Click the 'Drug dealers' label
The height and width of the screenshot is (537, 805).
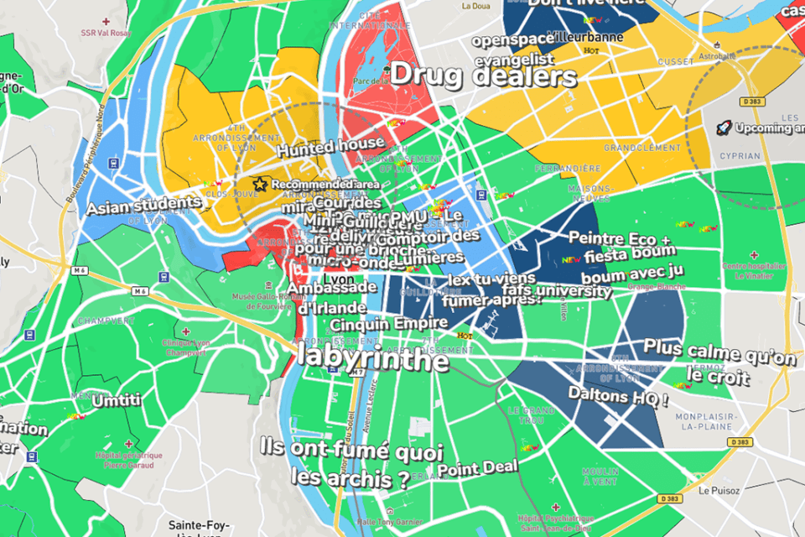pos(484,76)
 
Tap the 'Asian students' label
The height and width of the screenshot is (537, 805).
pos(144,204)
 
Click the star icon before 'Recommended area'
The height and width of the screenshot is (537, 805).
pos(261,184)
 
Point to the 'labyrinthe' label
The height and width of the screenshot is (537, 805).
pos(373,360)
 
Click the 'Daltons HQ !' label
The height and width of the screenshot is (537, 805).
pos(618,394)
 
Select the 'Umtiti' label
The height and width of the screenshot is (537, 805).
pos(117,401)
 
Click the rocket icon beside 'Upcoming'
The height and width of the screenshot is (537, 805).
pos(723,128)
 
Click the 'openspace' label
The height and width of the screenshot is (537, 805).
pos(507,40)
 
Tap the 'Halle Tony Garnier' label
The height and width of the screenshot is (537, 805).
pos(388,521)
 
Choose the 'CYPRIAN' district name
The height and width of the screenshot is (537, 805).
pos(740,156)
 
